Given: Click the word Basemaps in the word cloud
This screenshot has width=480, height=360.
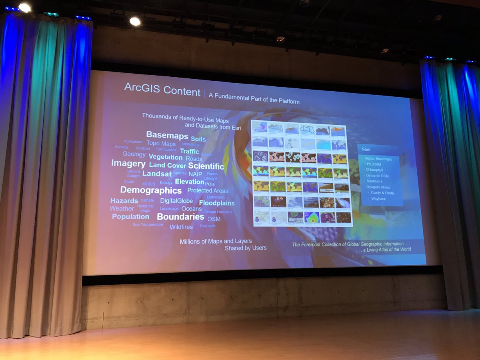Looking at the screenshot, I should point(167,135).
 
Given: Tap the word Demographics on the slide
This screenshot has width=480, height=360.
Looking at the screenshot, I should point(151,190).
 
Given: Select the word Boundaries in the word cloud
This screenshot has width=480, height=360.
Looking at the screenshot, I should point(180,217).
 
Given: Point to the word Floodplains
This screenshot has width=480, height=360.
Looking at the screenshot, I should point(217,203).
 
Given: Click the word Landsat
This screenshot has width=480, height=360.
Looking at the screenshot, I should point(157,174).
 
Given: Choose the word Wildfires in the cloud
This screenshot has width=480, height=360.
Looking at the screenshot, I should point(181,227).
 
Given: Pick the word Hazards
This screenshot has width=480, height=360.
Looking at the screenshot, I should point(124,201).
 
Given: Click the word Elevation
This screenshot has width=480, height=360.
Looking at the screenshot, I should point(190,182).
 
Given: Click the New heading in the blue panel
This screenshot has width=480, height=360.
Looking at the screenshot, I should point(366,150).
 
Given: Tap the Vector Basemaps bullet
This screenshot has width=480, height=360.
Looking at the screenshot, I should point(378,159).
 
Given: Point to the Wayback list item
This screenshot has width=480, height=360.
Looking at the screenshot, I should point(378,198).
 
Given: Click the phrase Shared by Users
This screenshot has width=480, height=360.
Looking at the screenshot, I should point(246,248).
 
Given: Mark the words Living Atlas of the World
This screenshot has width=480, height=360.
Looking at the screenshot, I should point(389,250).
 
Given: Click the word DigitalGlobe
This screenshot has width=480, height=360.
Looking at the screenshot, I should point(176,201).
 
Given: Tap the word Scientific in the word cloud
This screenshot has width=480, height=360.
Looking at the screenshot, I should point(206,166).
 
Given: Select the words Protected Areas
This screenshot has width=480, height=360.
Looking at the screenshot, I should point(208,191).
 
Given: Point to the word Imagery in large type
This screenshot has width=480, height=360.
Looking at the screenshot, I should point(128,164).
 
